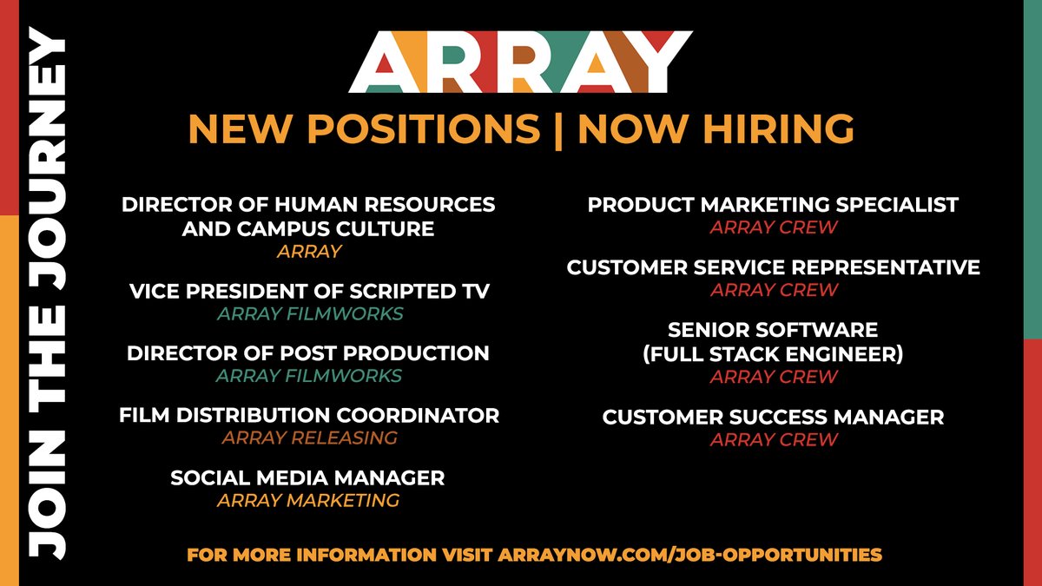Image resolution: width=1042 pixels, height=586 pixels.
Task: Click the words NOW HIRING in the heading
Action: click(716, 129)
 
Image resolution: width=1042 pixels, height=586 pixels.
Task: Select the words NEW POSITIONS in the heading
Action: click(363, 129)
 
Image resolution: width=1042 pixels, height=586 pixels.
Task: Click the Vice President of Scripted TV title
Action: click(309, 292)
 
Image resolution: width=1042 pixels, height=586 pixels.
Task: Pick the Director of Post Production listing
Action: click(308, 353)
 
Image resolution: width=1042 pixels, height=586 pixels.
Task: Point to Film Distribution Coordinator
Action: click(309, 416)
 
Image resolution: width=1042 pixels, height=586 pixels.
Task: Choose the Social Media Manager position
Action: click(307, 477)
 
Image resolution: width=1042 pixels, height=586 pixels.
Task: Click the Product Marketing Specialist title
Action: click(773, 205)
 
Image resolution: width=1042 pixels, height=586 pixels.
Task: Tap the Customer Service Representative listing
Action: click(773, 267)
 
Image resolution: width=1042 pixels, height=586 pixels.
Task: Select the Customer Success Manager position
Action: click(773, 418)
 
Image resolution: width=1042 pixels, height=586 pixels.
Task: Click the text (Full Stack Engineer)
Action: click(773, 354)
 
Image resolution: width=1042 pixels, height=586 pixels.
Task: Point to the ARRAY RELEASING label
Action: click(309, 438)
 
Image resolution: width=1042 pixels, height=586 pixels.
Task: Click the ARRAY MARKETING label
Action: click(308, 500)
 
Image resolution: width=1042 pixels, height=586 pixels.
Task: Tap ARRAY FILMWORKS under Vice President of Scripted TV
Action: click(309, 313)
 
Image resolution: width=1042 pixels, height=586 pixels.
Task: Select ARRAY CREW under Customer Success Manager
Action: click(774, 439)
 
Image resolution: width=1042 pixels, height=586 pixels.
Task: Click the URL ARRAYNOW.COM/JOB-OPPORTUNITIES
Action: click(690, 554)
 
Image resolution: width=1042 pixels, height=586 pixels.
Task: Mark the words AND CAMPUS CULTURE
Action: click(307, 229)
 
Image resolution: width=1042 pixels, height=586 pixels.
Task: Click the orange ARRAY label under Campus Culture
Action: click(309, 251)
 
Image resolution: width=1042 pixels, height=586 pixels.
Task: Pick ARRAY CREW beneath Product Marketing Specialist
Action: click(774, 227)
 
